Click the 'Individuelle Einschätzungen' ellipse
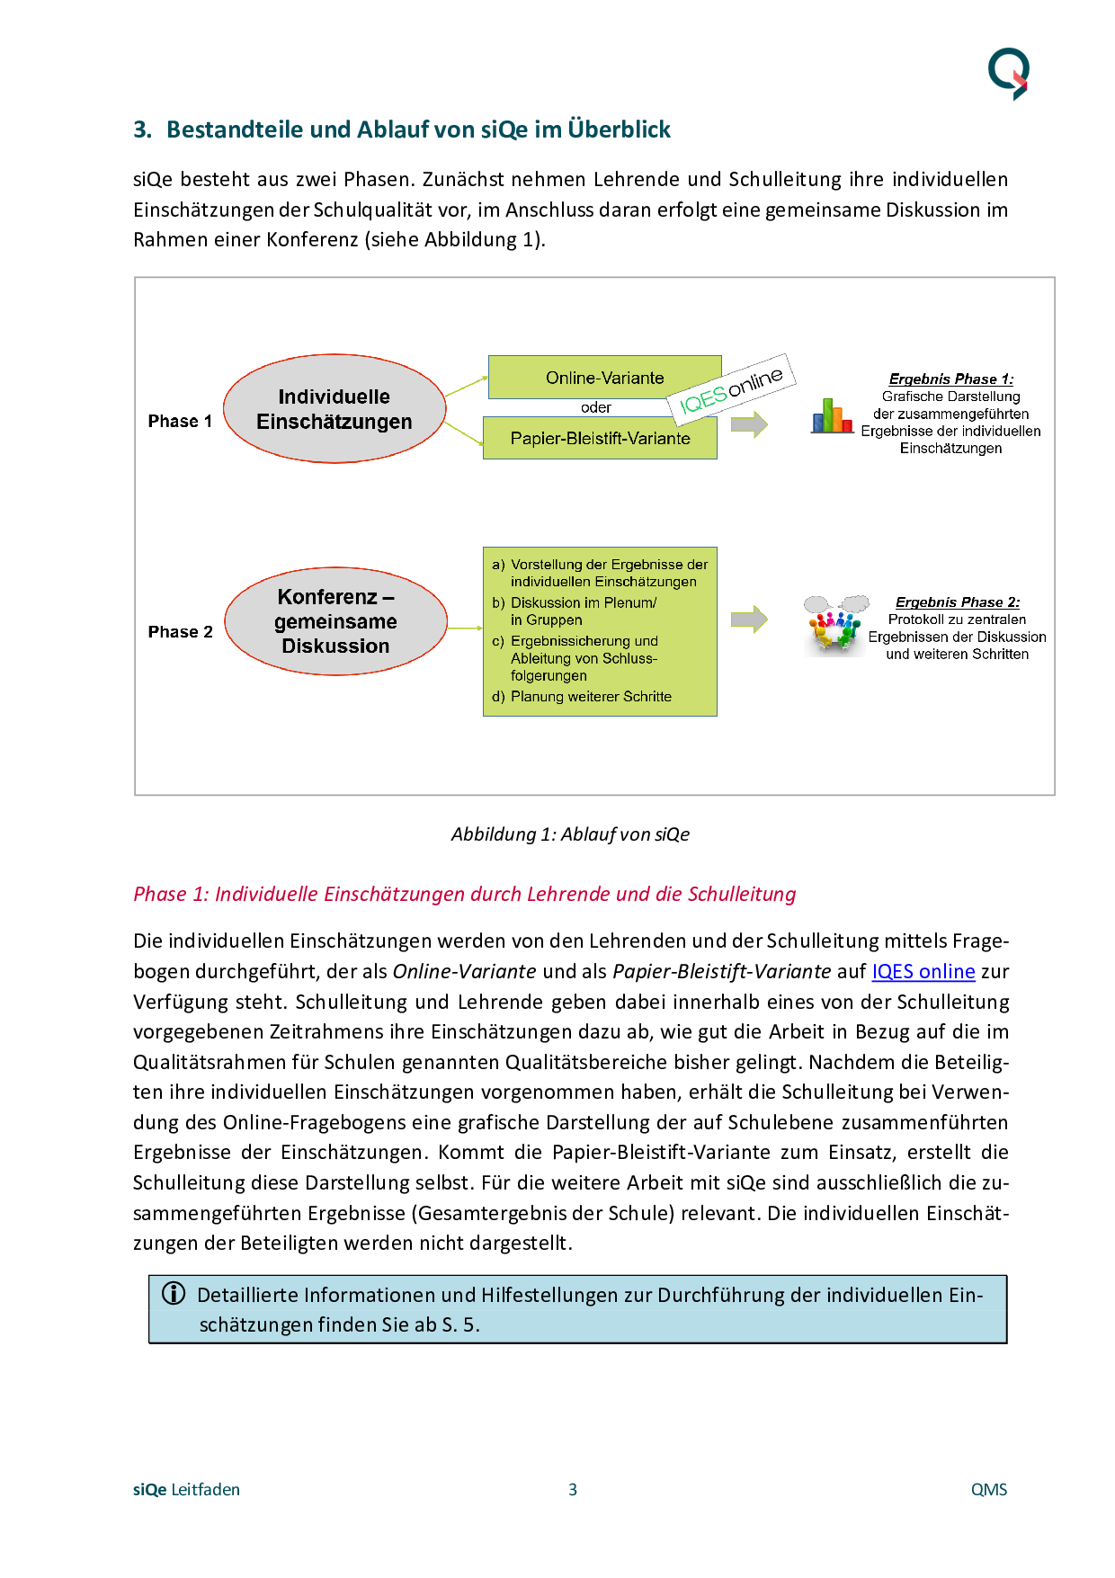tap(334, 409)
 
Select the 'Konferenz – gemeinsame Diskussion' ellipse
tap(335, 621)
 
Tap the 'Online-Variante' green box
tap(604, 378)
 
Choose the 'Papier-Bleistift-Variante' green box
tap(600, 439)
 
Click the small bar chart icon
tap(832, 416)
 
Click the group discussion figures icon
tap(835, 625)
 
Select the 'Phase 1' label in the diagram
tap(180, 422)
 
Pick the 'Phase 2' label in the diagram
tap(180, 632)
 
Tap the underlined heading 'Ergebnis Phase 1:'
tap(950, 379)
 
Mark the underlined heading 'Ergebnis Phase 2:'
tap(957, 602)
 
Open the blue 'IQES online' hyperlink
tap(923, 972)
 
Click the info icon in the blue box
tap(174, 1294)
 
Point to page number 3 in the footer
tap(573, 1490)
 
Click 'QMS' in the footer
tap(988, 1490)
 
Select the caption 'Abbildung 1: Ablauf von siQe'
tap(570, 834)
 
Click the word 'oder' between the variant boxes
tap(595, 408)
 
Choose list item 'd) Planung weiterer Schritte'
tap(591, 697)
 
